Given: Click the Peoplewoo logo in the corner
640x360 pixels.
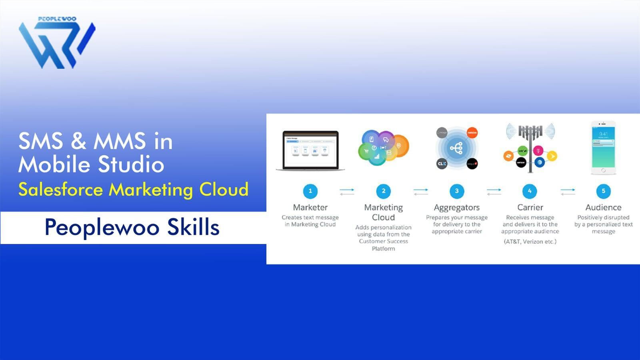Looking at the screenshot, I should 57,43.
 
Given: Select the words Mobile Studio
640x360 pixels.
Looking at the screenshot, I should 91,165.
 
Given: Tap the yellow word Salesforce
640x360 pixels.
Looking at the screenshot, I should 60,190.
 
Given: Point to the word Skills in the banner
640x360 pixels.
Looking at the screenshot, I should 193,227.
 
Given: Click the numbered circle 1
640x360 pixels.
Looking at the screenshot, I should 310,191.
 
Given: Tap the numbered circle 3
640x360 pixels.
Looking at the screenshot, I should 456,191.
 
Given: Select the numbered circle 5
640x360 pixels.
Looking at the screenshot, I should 603,191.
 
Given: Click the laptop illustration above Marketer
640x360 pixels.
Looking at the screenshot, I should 310,150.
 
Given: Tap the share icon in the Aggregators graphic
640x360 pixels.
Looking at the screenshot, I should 456,148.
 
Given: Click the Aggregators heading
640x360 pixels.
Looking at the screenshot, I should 456,208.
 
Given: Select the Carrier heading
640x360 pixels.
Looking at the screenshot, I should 530,208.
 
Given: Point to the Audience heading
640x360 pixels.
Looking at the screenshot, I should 603,208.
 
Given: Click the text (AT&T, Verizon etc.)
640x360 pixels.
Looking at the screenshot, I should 530,242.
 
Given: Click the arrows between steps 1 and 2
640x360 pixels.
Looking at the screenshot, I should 347,192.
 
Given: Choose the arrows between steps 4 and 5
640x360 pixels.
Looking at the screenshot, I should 568,192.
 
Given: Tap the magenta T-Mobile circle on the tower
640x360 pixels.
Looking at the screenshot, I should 538,151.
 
